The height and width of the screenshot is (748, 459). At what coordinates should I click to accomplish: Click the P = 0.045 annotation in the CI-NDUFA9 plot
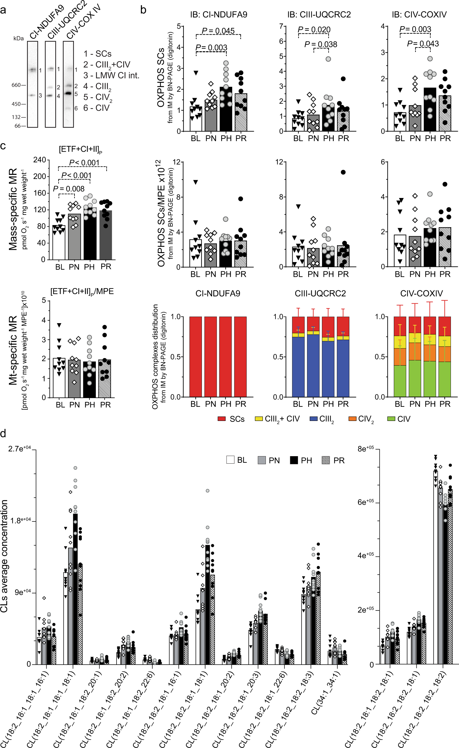(x=218, y=31)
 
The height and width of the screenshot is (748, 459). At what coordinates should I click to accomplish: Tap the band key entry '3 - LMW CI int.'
(x=111, y=76)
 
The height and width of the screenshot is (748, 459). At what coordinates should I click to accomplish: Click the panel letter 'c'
(x=3, y=146)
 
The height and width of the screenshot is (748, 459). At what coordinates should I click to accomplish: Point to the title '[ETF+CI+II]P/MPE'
(x=82, y=291)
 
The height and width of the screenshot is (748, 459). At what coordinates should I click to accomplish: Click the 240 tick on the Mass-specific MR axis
(x=39, y=160)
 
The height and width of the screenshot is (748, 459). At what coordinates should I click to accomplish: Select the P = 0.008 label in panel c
(x=68, y=189)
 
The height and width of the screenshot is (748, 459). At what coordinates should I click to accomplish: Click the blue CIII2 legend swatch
(x=313, y=419)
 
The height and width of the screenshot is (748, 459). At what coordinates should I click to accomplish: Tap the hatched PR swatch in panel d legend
(x=325, y=460)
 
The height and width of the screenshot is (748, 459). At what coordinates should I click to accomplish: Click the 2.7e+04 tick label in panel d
(x=20, y=449)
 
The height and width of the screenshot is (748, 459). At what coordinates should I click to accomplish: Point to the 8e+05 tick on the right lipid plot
(x=366, y=449)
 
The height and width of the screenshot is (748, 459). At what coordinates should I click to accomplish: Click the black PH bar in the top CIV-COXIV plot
(x=430, y=110)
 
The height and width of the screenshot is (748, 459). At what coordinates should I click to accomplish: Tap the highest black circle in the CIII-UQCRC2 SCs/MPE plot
(x=343, y=172)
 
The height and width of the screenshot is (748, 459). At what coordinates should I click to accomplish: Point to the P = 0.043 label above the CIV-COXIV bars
(x=423, y=44)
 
